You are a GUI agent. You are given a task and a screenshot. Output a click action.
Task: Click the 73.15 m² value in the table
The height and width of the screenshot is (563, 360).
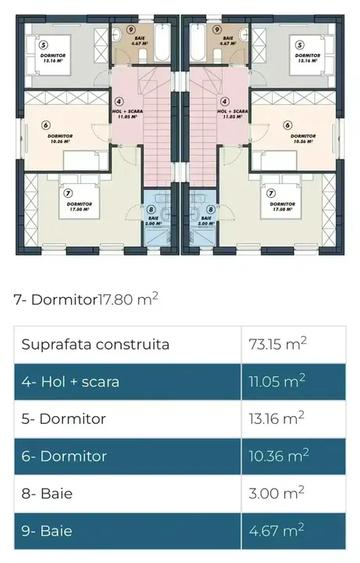(277, 345)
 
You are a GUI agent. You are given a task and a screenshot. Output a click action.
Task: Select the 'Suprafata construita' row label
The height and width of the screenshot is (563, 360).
(95, 345)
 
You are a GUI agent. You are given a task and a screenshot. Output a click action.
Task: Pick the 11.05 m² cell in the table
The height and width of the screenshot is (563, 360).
(276, 382)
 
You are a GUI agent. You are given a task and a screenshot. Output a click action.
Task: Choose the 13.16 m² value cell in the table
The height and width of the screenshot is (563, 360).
(276, 419)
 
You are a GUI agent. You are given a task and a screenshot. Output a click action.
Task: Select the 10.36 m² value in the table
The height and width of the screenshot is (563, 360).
(277, 456)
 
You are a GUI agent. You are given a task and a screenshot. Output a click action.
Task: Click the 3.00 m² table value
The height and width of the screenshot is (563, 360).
(272, 493)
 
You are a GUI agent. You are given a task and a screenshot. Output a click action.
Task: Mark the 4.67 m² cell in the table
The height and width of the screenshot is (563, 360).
(272, 530)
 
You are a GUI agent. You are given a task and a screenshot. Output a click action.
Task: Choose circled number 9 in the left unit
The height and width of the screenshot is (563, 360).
(145, 16)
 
